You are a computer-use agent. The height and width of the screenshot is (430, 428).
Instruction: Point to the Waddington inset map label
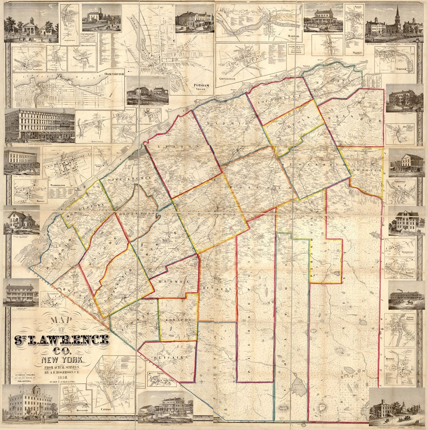tap(56, 185)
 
